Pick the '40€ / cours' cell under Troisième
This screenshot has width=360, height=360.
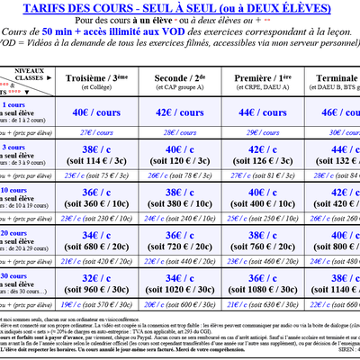tap(99, 113)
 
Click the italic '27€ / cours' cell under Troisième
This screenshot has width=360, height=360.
tap(99, 132)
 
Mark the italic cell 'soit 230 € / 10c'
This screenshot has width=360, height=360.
tap(99, 217)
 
